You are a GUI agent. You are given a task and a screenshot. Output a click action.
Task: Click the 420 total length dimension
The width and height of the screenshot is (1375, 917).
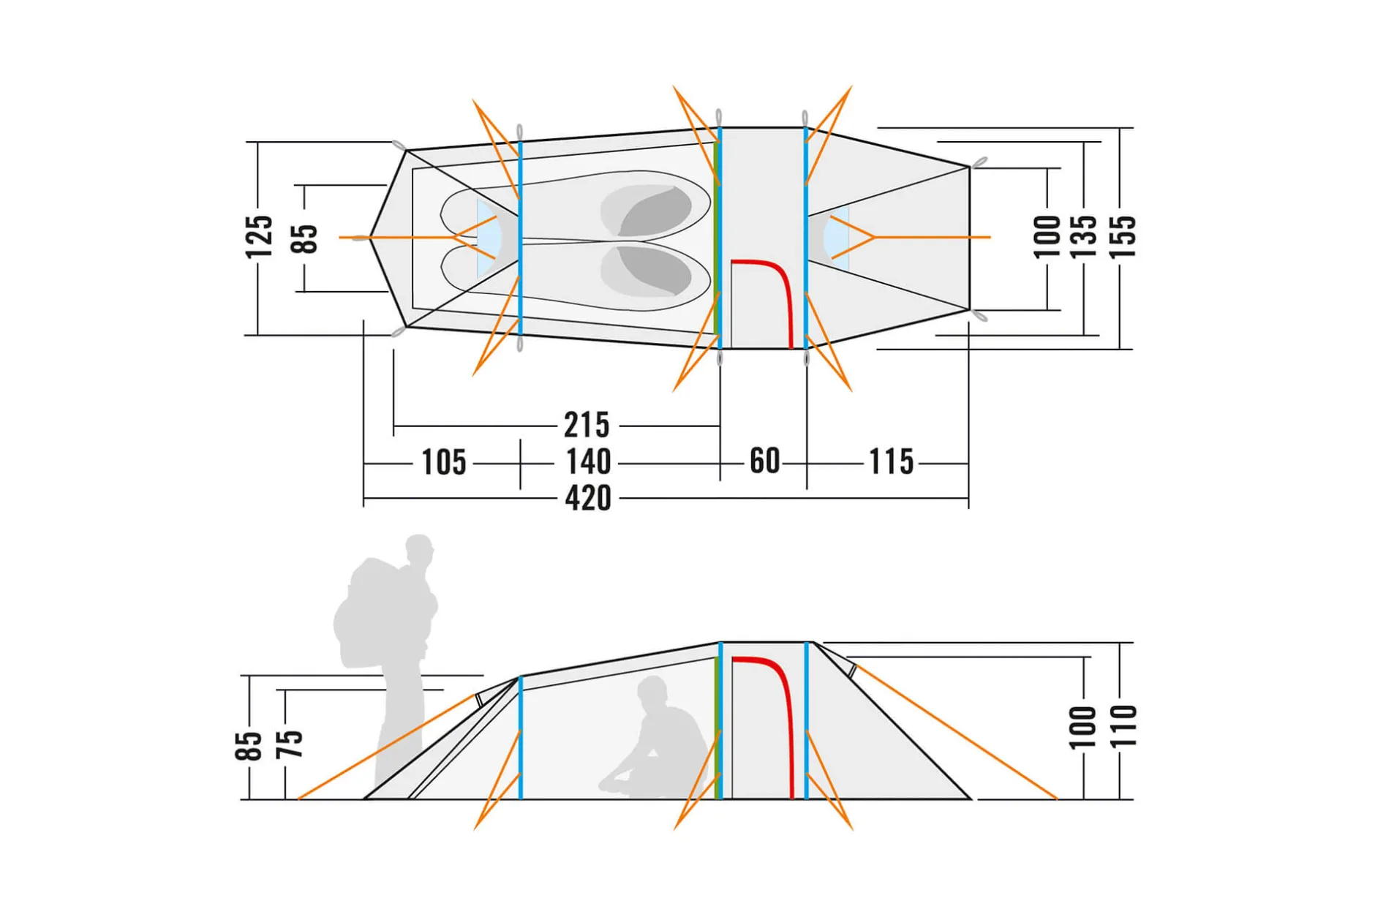(x=588, y=498)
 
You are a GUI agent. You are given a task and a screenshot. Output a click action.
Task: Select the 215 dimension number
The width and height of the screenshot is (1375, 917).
(x=587, y=425)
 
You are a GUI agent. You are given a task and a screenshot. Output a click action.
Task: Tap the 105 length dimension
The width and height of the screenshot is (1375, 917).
(x=444, y=462)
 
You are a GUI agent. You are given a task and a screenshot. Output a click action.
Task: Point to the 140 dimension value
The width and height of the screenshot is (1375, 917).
(x=588, y=462)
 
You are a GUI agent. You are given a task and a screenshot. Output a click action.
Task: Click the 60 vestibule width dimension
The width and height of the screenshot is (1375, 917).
(x=765, y=461)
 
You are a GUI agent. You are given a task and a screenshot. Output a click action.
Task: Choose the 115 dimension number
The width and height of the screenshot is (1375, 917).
(x=891, y=462)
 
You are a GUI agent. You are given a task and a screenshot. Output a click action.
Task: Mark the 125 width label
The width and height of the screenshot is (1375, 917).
(x=259, y=237)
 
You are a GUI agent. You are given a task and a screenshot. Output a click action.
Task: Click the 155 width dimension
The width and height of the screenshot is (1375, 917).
(x=1123, y=237)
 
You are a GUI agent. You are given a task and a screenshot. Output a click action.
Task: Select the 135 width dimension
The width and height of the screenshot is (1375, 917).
(x=1084, y=237)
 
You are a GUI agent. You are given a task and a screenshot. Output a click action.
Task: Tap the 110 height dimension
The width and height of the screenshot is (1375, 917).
(x=1123, y=726)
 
